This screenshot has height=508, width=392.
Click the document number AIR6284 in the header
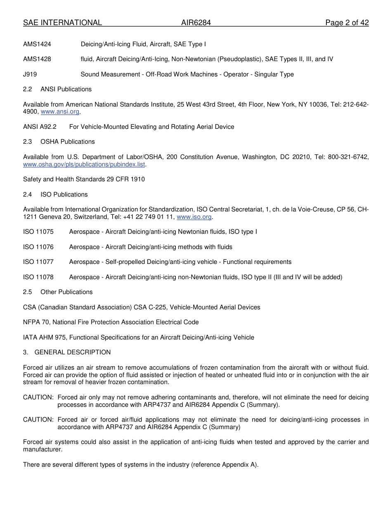tap(196, 23)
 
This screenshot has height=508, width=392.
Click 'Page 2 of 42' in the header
tap(347, 23)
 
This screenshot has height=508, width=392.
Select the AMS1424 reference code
tap(37, 44)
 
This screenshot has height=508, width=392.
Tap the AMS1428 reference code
tap(37, 59)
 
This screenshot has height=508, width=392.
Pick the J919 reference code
tap(31, 74)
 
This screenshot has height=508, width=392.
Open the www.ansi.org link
tap(60, 112)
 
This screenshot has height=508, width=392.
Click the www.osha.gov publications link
tap(84, 164)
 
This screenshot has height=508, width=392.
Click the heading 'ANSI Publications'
tap(66, 89)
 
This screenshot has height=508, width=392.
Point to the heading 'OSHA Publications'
tap(68, 142)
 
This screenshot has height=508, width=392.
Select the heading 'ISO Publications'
tap(64, 195)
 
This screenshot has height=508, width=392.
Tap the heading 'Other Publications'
tap(66, 292)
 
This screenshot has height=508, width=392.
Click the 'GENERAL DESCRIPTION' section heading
tap(73, 352)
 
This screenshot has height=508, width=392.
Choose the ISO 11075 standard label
tap(38, 232)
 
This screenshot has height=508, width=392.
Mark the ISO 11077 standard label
tap(38, 262)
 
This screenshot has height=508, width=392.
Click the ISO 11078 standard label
tap(38, 277)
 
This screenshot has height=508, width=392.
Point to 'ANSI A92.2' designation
tap(40, 127)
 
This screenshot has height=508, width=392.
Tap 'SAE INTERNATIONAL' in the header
tap(62, 23)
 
